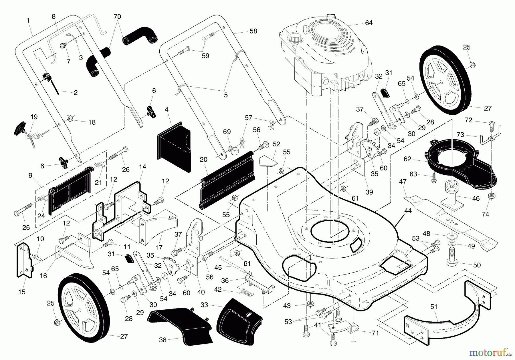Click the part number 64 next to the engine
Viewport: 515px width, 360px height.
(369, 23)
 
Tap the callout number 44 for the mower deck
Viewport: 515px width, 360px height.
(408, 211)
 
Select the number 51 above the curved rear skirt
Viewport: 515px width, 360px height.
(434, 307)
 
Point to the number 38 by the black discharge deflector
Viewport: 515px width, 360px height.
(163, 340)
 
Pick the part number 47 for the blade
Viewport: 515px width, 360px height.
(403, 182)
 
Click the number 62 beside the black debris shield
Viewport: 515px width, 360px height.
(407, 159)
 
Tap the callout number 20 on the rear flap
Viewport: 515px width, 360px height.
(203, 160)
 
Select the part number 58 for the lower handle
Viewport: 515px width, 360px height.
(253, 31)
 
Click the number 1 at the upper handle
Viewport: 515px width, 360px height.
(28, 20)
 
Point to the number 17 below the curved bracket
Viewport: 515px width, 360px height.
(159, 248)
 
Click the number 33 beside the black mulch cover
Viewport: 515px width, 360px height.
(204, 305)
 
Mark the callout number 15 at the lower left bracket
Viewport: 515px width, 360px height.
(22, 292)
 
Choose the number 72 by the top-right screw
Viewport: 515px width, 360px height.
(468, 120)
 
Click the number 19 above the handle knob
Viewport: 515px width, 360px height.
(34, 117)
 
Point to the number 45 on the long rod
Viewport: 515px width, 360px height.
(218, 268)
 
